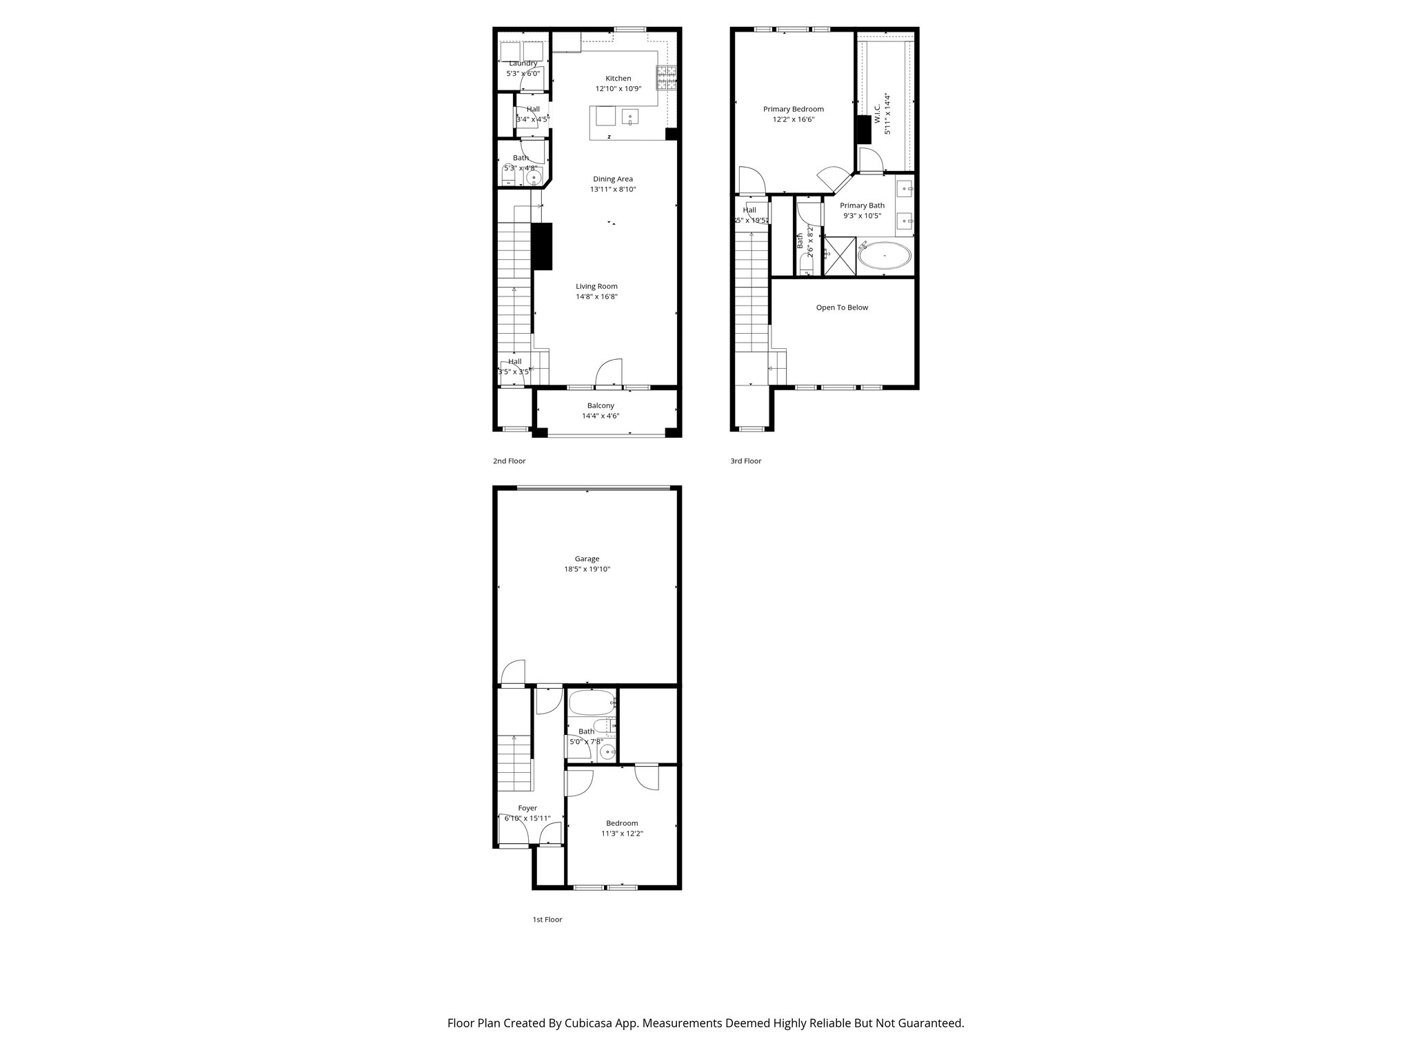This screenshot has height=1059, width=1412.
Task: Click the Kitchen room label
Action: coord(618,79)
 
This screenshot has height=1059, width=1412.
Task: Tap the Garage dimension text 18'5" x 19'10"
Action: coord(587,569)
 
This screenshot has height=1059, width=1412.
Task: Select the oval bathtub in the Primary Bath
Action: coord(885,256)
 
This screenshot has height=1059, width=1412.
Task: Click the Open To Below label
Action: coord(842,307)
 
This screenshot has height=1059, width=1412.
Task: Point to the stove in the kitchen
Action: coord(666,78)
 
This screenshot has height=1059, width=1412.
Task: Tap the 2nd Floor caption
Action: coord(509,461)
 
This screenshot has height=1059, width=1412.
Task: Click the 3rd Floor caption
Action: coord(745,461)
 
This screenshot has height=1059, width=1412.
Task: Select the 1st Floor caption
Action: coord(547,920)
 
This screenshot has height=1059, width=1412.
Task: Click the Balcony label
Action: coord(601,406)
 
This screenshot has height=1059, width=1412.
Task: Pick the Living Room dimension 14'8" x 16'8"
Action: coord(596,297)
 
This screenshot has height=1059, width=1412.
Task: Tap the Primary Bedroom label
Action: coord(793,109)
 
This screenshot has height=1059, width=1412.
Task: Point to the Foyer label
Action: coord(527,808)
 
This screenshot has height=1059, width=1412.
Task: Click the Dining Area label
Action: coord(612,179)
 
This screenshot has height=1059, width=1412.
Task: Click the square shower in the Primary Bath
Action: coord(840,256)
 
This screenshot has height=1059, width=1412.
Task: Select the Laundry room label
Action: coord(523,63)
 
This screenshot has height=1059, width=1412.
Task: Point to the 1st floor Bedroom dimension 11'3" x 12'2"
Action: coord(621,834)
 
